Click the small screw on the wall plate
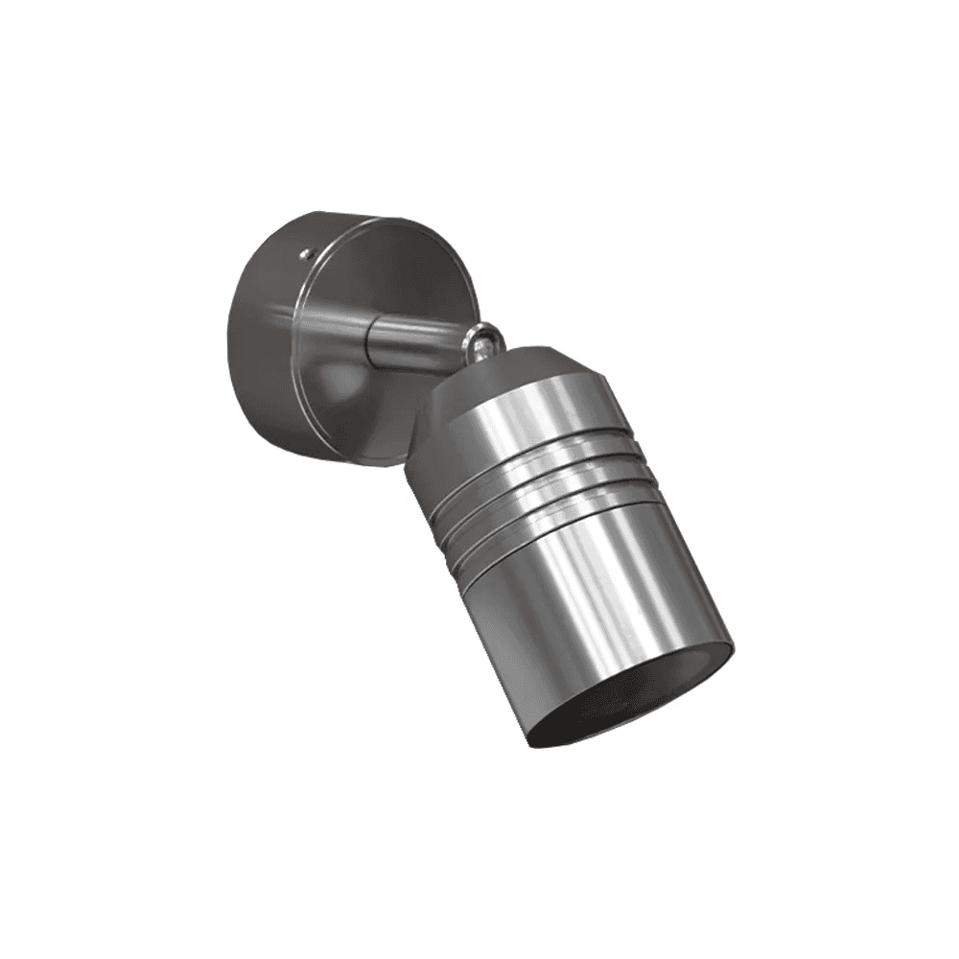[305, 254]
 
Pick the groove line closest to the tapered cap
[537, 447]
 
